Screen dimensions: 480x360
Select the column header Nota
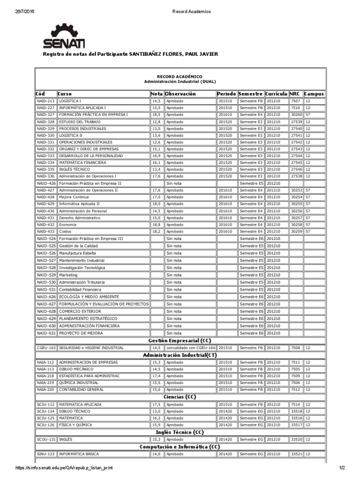coord(157,94)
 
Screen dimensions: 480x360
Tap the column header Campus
coord(314,94)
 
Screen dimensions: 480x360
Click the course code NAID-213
coord(45,101)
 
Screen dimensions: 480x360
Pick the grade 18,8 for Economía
coord(156,225)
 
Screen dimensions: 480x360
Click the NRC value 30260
coord(296,115)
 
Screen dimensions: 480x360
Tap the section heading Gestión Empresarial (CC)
coord(180,340)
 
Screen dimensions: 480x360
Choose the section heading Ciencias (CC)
coord(180,397)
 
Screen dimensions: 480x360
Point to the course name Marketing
coord(68,275)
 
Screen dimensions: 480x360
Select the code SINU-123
coord(45,454)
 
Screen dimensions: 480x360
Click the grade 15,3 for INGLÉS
coord(156,440)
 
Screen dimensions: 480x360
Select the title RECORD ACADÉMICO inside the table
coord(180,76)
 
